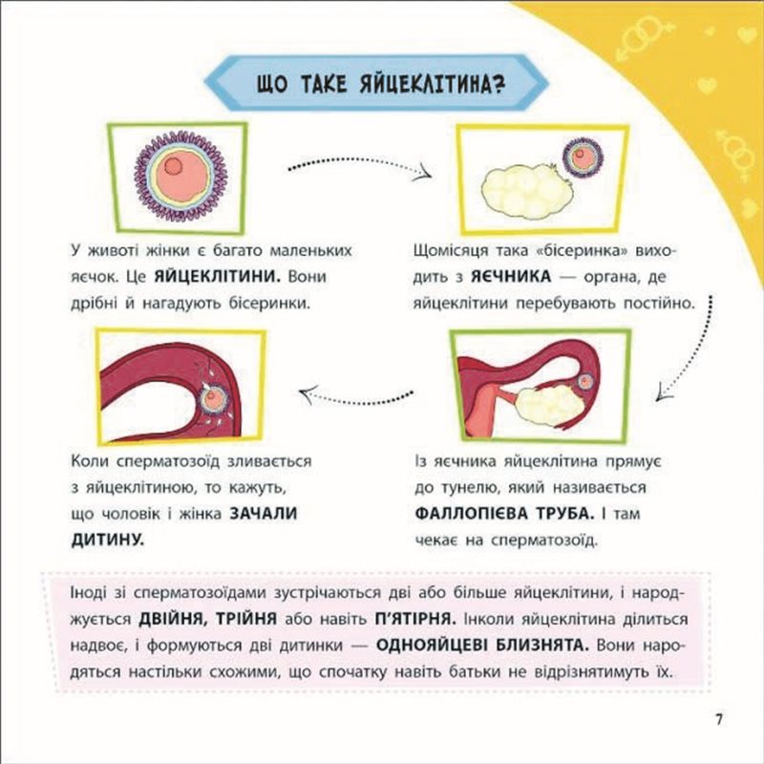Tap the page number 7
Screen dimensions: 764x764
tap(719, 719)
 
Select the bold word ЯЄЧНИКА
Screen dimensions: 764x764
tap(511, 277)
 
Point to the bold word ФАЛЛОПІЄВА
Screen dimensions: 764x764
tap(472, 514)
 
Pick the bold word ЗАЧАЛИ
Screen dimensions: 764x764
tap(263, 514)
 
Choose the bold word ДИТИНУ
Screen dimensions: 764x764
tap(108, 540)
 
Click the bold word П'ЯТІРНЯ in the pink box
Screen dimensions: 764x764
tap(415, 619)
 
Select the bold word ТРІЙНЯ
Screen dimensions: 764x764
tap(246, 619)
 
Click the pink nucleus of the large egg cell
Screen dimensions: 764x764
tap(173, 166)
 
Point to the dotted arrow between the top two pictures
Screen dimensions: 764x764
tap(360, 166)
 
